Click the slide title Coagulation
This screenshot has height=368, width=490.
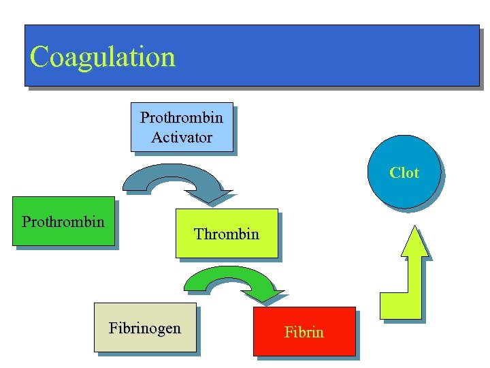point(103,57)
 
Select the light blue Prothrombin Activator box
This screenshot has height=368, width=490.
point(181,127)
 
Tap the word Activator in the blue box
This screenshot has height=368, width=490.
point(182,137)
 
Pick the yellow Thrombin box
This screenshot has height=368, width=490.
point(227,233)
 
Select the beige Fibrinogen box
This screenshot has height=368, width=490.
point(144,327)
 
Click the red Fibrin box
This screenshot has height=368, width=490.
point(304,331)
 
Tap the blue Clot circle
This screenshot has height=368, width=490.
point(404,172)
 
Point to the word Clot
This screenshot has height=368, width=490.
point(404,173)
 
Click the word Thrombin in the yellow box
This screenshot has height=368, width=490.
point(227,234)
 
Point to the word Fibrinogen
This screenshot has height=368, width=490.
point(145,328)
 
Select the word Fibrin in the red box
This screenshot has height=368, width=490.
point(304,333)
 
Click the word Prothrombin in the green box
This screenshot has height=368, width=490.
point(63,221)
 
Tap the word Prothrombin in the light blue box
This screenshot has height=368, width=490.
point(182,117)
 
